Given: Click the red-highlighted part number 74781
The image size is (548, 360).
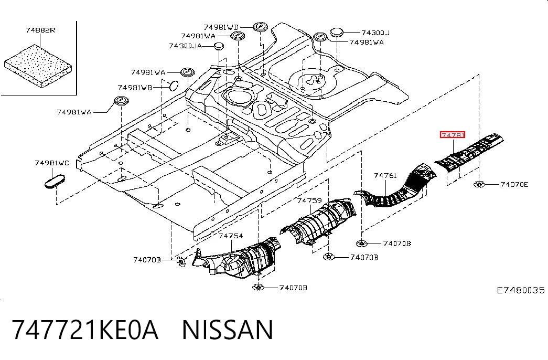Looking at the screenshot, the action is pos(452,135).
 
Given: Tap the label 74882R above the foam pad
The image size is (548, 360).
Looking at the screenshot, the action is pos(40,30).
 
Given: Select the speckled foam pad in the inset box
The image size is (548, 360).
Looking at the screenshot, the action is pos(38,66).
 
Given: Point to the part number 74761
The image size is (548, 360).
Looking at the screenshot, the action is pos(385,175).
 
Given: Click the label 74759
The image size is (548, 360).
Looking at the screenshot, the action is pos(309,200).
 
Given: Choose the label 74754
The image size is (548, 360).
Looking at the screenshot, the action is pos(231,236).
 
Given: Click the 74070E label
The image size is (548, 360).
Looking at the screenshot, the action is pos(514,184).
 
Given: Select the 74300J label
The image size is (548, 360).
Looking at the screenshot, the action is pos(375,33).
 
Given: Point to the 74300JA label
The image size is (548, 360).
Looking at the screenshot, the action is pos(185,46).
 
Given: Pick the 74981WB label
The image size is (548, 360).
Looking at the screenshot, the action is pos(135,88).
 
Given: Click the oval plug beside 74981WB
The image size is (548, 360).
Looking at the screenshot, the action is pos(174,85).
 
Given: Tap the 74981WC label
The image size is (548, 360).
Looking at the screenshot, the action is pos(52,163).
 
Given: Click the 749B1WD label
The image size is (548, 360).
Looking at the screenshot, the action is pos(221,27).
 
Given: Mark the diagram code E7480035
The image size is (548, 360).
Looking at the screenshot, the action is pos(521,290).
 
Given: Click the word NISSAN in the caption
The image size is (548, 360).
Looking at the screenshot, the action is pos(228,330).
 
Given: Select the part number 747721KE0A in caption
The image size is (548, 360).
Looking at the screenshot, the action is pos(85,330).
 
